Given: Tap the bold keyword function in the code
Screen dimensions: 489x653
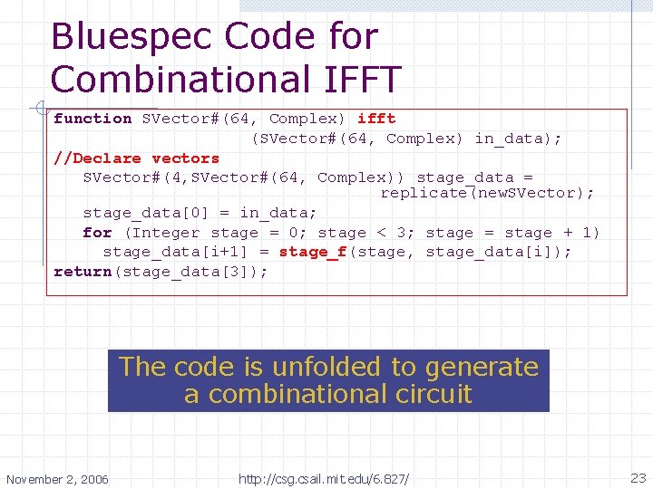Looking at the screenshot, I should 93,119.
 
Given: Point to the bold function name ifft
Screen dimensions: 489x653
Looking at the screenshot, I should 376,119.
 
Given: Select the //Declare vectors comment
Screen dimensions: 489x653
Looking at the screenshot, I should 136,158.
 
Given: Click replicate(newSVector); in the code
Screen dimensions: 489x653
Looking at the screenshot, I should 487,193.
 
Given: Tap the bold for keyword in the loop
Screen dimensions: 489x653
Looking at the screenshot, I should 97,233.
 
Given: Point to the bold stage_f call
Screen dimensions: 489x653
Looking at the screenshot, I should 313,252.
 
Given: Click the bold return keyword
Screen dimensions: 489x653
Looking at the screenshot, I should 83,272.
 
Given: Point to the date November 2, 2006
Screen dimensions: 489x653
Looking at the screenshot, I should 57,478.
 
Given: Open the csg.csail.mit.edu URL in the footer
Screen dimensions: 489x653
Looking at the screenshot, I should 324,478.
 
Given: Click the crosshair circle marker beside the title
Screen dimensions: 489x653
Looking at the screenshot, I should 36,110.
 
